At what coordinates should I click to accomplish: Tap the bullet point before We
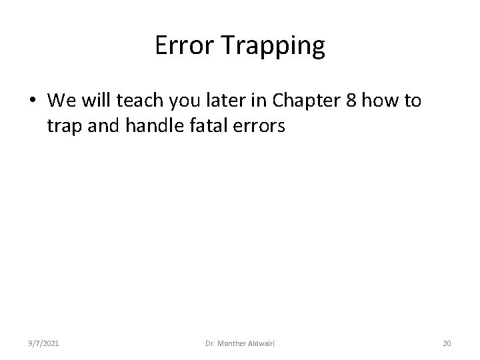pyautogui.click(x=33, y=102)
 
